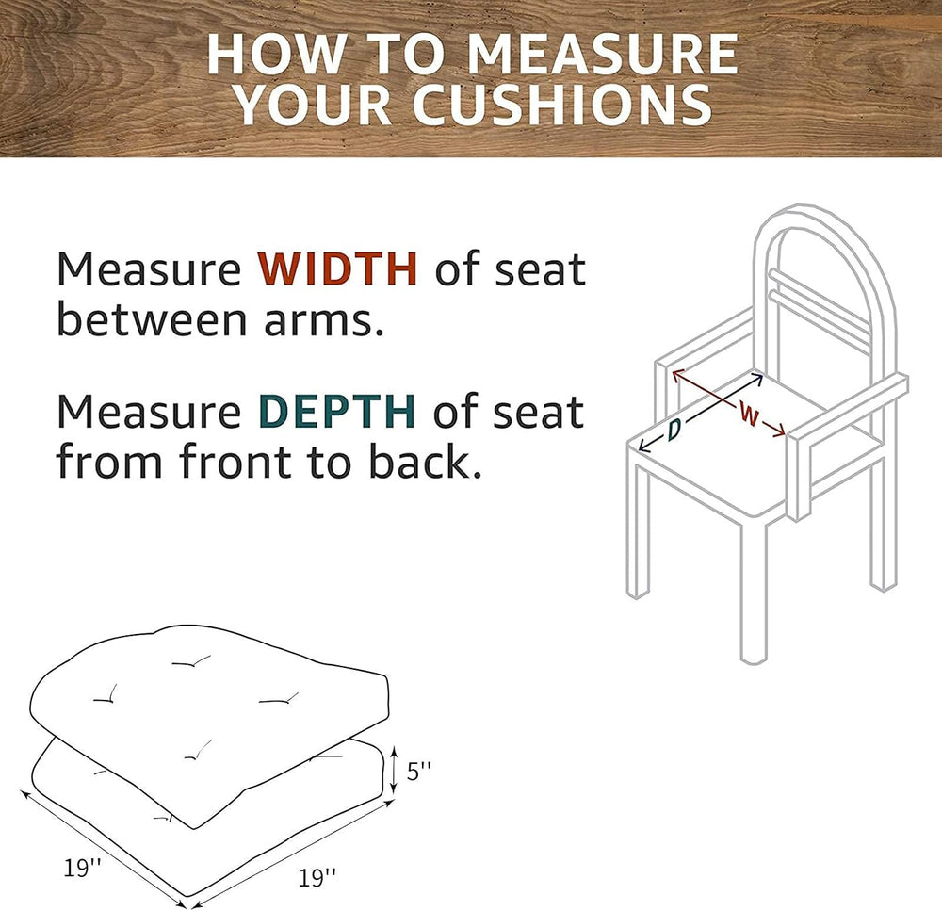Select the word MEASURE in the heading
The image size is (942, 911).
click(602, 54)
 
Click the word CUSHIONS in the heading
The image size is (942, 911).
click(563, 105)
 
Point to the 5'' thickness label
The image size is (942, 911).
click(419, 771)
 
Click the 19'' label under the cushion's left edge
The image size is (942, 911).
click(82, 868)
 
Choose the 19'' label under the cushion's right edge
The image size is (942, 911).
click(317, 877)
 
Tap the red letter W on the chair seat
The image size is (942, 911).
click(749, 414)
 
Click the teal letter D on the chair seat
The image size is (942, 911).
click(674, 429)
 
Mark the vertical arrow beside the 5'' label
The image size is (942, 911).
click(394, 769)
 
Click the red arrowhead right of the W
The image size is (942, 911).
click(779, 431)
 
